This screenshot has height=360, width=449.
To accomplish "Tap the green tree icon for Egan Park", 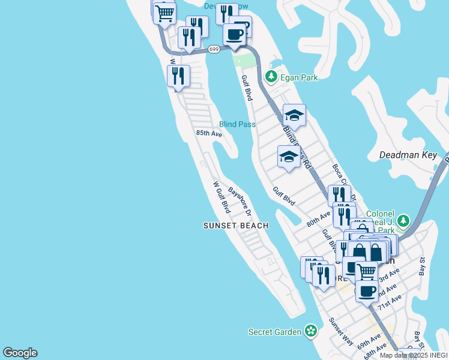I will coord(271,77).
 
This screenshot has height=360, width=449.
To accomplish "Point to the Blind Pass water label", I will coord(237,124).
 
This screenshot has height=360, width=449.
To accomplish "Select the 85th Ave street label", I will coord(209,134).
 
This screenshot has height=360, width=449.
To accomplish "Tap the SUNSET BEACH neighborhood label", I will coord(235,226).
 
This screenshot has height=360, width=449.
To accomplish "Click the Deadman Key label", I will coord(408,155).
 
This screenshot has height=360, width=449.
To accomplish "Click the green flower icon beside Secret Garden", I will coord(310,331).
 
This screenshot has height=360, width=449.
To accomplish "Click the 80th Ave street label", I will coord(318,217).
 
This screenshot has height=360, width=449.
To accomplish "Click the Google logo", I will coord(20,353).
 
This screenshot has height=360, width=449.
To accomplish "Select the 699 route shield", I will coord(214,50).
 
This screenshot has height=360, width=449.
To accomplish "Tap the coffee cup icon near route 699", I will coord(234,34).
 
